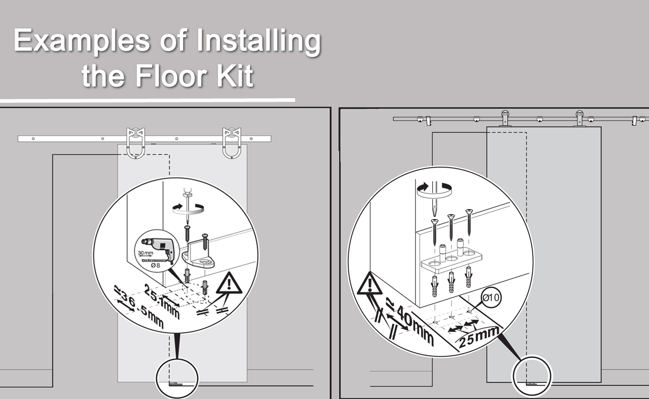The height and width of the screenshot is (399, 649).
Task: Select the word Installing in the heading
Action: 258,41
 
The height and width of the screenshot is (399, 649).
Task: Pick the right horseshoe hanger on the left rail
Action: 232,144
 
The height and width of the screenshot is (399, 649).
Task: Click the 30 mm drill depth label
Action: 145,253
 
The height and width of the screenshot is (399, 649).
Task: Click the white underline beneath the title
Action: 147,100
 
